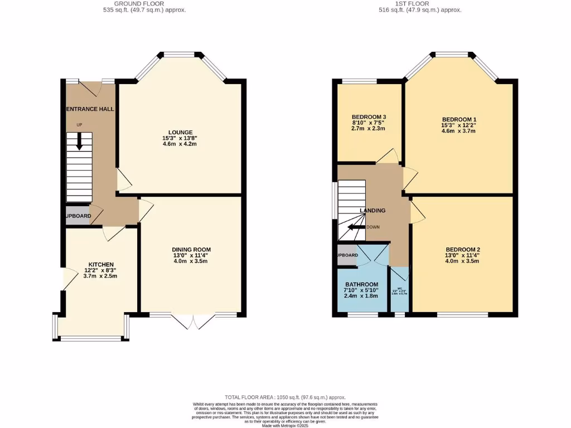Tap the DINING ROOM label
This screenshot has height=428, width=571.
coord(192,249)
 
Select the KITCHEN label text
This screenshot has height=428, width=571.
coord(101,264)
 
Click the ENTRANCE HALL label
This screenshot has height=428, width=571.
coord(90,109)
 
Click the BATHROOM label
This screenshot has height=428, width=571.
coord(361,284)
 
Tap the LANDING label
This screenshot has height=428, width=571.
coord(372,210)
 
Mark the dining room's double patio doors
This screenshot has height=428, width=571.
coord(192,322)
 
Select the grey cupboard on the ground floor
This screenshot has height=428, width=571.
coord(77,216)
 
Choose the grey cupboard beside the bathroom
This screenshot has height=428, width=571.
coord(347,255)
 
